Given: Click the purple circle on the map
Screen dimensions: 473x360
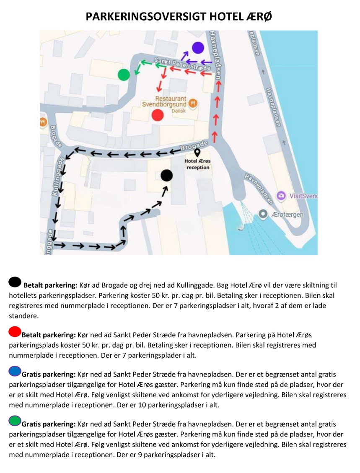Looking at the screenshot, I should [x=198, y=48].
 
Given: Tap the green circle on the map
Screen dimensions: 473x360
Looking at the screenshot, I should [x=124, y=75].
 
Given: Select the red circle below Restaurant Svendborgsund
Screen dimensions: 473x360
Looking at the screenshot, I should [x=158, y=115].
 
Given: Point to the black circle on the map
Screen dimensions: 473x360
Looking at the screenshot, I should [x=167, y=176].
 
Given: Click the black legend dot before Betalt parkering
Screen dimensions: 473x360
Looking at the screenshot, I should [x=15, y=282].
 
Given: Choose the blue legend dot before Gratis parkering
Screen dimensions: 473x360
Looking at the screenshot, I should [x=15, y=371].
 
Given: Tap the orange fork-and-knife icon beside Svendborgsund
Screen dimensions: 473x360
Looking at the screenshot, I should [x=193, y=103].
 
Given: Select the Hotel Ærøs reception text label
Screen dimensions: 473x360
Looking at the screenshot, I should [x=197, y=164].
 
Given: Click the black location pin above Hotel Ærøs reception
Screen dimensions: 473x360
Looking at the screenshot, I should [x=197, y=152].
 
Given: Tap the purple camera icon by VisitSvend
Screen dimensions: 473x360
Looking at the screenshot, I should [x=281, y=196].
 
